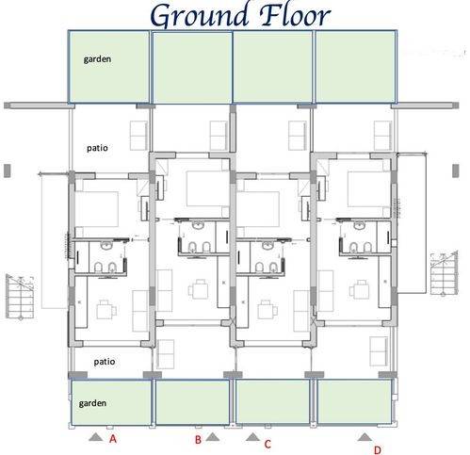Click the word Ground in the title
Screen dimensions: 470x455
(200, 16)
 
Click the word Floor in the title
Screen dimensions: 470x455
(295, 14)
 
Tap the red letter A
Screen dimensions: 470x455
(113, 439)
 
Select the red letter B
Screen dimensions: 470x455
(198, 440)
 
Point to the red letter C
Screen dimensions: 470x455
(267, 444)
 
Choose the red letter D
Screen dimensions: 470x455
(378, 450)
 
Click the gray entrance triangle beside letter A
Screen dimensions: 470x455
(96, 437)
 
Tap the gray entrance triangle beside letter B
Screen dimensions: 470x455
(213, 437)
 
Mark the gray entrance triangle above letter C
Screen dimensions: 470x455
(252, 437)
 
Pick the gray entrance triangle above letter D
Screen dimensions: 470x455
(365, 437)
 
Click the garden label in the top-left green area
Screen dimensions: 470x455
(97, 59)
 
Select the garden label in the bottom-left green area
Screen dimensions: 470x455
(92, 403)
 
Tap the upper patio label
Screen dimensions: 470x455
(97, 148)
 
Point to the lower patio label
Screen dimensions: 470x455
(105, 362)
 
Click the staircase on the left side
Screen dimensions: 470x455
(20, 297)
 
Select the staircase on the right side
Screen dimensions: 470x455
(444, 273)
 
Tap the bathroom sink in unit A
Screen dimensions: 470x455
(107, 246)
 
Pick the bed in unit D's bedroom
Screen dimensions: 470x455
(368, 188)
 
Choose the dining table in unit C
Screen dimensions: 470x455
(267, 309)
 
